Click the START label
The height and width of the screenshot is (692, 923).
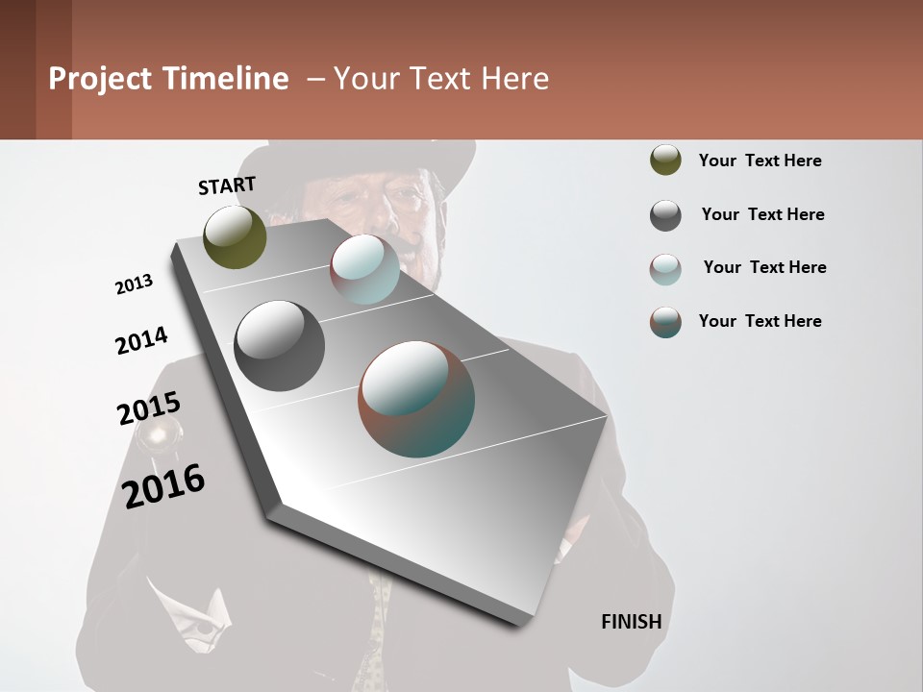227,185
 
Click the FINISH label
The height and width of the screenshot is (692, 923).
631,622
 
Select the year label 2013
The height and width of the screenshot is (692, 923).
134,284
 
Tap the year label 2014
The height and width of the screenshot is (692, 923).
141,341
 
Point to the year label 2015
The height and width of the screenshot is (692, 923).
149,408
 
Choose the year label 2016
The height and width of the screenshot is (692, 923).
163,485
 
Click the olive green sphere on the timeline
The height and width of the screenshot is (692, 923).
235,237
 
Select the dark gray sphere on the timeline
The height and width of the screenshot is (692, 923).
279,346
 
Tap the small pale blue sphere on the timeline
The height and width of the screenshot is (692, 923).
364,269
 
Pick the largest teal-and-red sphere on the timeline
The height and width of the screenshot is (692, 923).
416,399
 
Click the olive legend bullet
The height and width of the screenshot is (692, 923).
665,161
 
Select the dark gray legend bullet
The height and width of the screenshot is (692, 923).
665,215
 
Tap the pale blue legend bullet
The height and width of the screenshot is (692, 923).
665,269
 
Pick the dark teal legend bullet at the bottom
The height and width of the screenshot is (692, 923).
665,322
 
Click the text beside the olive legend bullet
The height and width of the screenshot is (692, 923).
760,161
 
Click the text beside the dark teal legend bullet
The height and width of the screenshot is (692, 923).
760,321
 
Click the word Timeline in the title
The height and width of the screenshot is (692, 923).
226,79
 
